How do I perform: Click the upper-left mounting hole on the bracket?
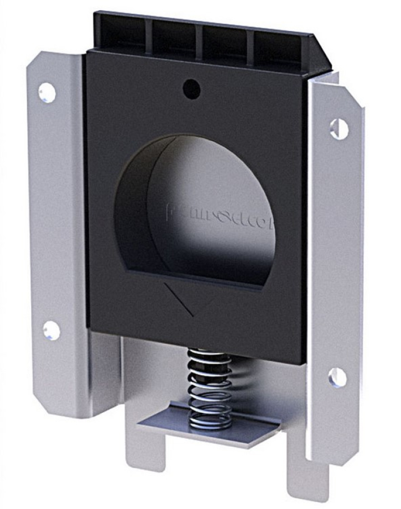coord(47,92)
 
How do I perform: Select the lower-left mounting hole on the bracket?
coord(51,330)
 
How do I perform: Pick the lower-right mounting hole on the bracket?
coord(338,377)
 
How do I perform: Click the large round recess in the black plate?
coord(195,209)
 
